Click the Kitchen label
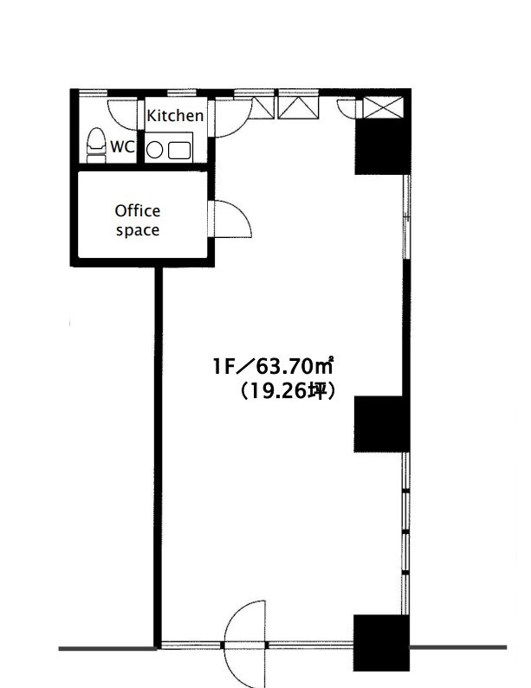tap(175, 116)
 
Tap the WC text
tap(122, 147)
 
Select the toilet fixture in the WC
tap(96, 145)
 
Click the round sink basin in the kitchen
tap(154, 151)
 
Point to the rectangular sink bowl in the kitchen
tap(179, 151)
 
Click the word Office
tap(138, 211)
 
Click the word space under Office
tap(138, 230)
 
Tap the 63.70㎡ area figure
tap(295, 366)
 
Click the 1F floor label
tap(224, 367)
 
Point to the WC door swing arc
tap(121, 115)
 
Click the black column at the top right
tap(382, 146)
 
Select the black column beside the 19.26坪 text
tap(381, 424)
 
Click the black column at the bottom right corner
tap(381, 643)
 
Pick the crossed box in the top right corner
tap(383, 107)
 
